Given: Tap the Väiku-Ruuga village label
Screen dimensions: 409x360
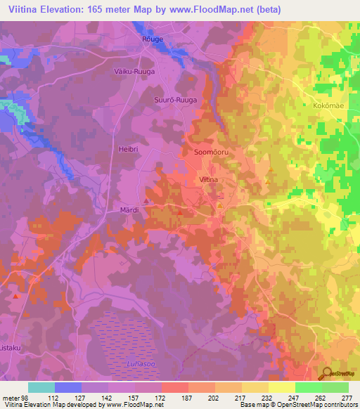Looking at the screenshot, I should (133, 71).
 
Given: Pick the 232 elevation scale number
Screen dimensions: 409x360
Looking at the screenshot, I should (268, 398).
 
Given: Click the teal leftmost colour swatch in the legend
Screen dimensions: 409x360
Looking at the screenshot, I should (41, 387).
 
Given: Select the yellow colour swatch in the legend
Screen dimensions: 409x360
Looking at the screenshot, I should (281, 387).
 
